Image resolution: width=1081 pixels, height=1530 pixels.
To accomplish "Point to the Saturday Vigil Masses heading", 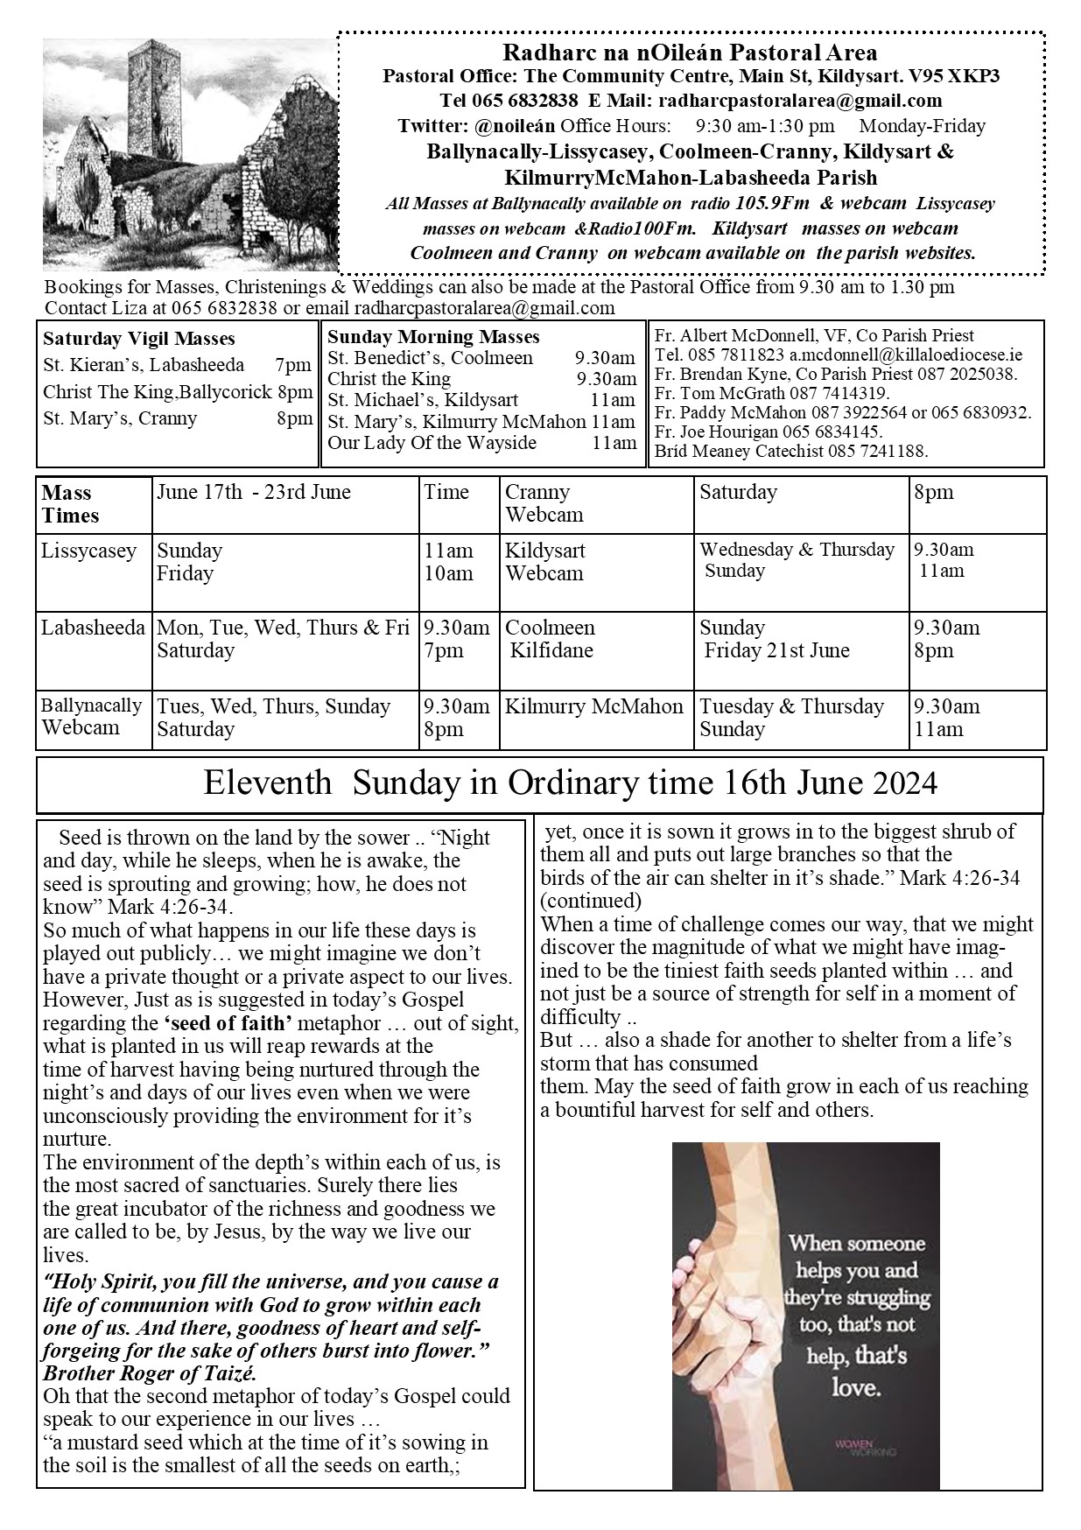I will pyautogui.click(x=138, y=339).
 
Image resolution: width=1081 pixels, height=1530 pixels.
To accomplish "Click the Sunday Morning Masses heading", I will pyautogui.click(x=433, y=337).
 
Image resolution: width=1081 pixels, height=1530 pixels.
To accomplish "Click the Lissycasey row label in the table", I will pyautogui.click(x=89, y=551).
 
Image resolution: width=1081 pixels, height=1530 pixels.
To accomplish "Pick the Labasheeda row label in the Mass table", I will pyautogui.click(x=93, y=628).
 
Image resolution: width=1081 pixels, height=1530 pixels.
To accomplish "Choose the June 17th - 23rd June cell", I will pyautogui.click(x=254, y=492).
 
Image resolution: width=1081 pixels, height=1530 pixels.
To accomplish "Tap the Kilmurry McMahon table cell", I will pyautogui.click(x=594, y=707).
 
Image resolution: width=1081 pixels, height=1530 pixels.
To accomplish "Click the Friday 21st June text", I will pyautogui.click(x=777, y=651).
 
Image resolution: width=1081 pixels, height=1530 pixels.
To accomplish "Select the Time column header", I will pyautogui.click(x=446, y=492).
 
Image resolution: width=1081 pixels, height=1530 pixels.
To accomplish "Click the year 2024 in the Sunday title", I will pyautogui.click(x=905, y=783).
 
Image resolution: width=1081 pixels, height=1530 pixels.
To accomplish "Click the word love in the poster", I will pyautogui.click(x=854, y=1388).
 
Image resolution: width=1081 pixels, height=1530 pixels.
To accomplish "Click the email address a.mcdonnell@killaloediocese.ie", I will pyautogui.click(x=906, y=355).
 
